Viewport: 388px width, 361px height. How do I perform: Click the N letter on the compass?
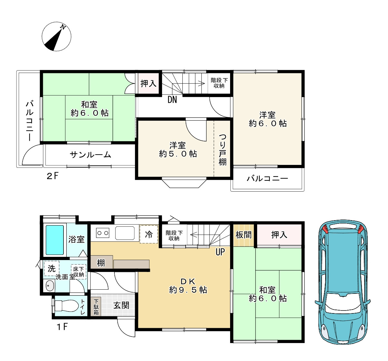pyautogui.click(x=63, y=27)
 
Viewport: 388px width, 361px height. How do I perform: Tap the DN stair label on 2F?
pyautogui.click(x=172, y=100)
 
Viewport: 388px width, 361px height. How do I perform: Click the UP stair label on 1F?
pyautogui.click(x=220, y=252)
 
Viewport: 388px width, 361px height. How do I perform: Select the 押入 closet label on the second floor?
pyautogui.click(x=149, y=84)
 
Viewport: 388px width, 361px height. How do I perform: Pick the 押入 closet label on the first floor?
pyautogui.click(x=279, y=235)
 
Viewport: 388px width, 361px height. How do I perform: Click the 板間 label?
pyautogui.click(x=243, y=235)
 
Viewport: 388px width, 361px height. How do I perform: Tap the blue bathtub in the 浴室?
pyautogui.click(x=55, y=240)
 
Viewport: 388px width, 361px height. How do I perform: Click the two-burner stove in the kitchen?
pyautogui.click(x=102, y=233)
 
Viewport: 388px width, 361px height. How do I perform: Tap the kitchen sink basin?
pyautogui.click(x=125, y=233)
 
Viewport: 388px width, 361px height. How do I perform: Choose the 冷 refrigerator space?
pyautogui.click(x=149, y=234)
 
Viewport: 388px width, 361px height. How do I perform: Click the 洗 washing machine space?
pyautogui.click(x=52, y=268)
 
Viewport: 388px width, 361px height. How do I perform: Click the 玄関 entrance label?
pyautogui.click(x=121, y=305)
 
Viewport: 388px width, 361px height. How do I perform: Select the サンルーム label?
pyautogui.click(x=90, y=155)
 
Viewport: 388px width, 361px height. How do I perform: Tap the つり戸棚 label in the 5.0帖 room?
pyautogui.click(x=223, y=149)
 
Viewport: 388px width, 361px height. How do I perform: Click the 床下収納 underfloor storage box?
pyautogui.click(x=79, y=272)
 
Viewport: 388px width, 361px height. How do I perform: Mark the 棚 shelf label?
pyautogui.click(x=101, y=263)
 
